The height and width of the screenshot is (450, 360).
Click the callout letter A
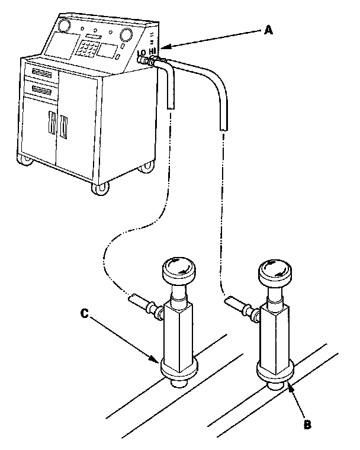[268, 31]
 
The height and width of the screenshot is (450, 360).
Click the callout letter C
[84, 314]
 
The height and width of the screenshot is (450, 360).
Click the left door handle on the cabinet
[52, 125]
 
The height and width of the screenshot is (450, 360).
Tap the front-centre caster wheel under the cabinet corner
[101, 189]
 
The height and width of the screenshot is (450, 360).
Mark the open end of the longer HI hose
[223, 127]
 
